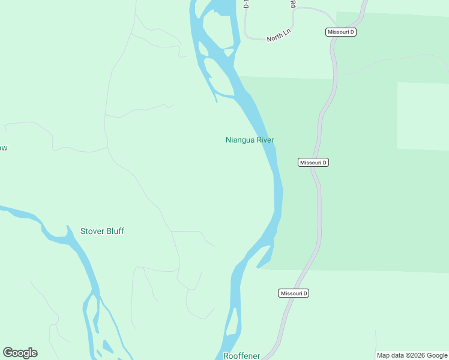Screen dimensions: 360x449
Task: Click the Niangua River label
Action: point(250,140)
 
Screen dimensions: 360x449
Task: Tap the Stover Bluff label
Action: point(102,231)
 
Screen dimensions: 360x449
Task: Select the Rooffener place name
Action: point(242,356)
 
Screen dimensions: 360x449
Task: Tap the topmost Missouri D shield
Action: point(341,32)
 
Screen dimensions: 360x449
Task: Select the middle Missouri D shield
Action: point(313,163)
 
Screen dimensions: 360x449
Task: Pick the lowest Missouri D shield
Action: point(294,293)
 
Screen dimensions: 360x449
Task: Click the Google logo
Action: point(20,353)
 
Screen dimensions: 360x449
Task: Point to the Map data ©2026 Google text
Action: point(412,355)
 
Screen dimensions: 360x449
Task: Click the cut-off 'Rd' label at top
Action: point(294,4)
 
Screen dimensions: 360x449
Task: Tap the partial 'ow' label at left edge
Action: point(3,148)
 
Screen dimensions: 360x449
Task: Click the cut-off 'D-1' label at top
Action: point(246,4)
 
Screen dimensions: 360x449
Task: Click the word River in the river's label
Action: point(265,140)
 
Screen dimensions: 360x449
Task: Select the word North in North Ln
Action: point(274,38)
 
